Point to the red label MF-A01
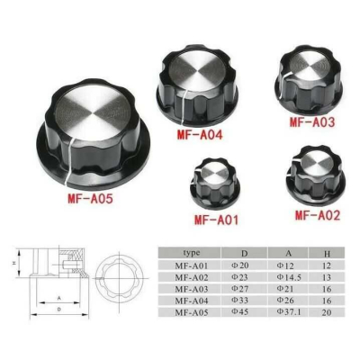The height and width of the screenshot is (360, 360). click(x=219, y=218)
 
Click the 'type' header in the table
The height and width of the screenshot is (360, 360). click(x=191, y=255)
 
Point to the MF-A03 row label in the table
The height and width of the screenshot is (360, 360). click(x=192, y=289)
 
